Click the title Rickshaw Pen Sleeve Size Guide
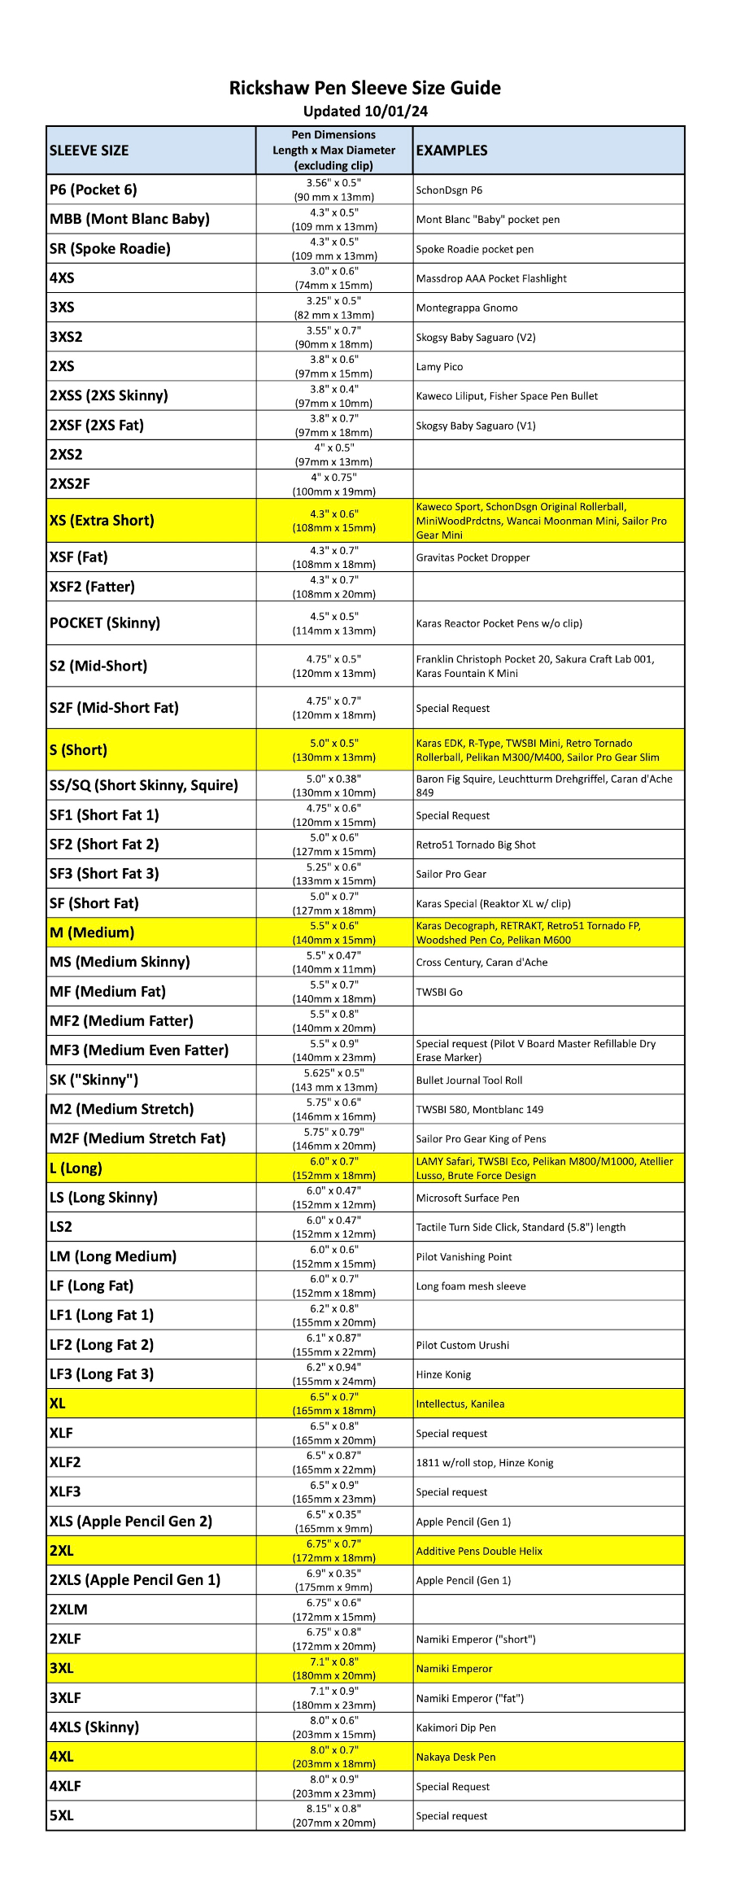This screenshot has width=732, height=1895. pos(364,88)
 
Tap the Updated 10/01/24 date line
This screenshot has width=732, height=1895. pos(364,111)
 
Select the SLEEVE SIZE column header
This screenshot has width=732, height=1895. pos(89,151)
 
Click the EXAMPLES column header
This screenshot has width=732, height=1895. pos(451,151)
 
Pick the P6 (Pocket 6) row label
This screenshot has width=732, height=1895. pos(94,190)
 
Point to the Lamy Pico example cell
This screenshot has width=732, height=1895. pos(439,367)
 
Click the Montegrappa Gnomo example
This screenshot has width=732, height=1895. pos(466,308)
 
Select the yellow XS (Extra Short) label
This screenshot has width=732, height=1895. pos(102,521)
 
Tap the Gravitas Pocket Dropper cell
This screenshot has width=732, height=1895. pos(473,558)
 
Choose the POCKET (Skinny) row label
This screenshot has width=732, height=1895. pos(105,623)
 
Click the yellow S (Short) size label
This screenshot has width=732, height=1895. pos(78,750)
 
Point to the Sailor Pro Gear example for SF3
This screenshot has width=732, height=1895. pos(451,875)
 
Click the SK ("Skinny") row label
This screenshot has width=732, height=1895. pos(94,1081)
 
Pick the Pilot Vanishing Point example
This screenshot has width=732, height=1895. pos(464,1257)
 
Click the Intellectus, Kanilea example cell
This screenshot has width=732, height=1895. pos(460,1404)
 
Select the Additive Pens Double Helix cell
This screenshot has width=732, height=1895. pos(479,1552)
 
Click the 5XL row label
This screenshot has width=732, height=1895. pos(62,1816)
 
